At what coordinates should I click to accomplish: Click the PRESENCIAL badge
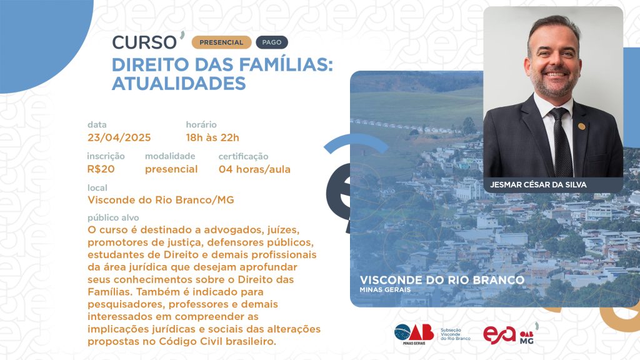point(221,42)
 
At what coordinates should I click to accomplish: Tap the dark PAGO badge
point(272,42)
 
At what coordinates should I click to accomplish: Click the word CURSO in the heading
point(144,42)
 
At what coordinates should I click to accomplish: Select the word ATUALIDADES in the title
point(179,84)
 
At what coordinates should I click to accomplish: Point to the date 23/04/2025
point(119,137)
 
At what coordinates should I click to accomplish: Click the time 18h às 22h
point(212,137)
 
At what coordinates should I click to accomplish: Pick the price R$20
point(101,169)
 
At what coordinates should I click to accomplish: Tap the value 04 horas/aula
point(255,169)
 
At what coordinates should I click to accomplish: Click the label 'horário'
point(201,124)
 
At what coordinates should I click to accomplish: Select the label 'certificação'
point(243,156)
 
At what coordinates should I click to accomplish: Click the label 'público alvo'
point(113,217)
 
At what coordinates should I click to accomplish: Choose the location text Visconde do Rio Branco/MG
point(161,200)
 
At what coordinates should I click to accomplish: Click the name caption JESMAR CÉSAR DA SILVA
point(538,184)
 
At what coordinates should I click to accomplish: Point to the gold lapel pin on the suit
point(582,126)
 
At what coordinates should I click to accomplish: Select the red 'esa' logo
point(499,335)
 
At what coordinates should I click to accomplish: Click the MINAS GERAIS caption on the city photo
point(385,290)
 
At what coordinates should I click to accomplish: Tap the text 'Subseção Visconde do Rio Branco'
point(455,334)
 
